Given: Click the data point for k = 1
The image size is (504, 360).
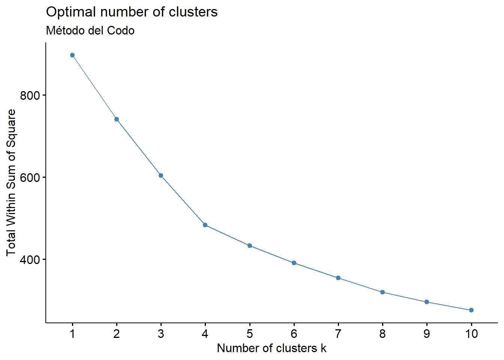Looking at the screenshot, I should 72,55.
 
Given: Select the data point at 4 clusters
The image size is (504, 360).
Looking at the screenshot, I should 205,225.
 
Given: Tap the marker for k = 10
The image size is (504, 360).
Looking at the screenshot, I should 471,310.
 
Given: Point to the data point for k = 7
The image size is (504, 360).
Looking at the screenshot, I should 338,278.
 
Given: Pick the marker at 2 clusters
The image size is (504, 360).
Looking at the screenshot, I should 117,119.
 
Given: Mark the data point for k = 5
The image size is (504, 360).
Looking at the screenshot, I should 250,246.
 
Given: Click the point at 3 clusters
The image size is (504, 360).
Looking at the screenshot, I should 161,175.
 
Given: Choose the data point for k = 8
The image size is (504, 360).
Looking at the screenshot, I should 382,292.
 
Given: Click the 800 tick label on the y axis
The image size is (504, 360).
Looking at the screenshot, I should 30,95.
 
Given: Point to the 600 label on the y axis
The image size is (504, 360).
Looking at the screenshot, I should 30,177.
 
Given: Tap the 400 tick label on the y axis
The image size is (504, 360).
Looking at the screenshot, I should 30,259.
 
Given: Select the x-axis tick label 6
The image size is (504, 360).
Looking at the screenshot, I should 294,334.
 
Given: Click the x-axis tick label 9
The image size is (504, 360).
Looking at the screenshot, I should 427,334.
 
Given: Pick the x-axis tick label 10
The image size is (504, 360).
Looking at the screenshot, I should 471,334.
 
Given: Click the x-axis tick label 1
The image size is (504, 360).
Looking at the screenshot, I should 72,334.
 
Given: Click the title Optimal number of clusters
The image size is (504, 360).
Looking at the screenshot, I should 132,12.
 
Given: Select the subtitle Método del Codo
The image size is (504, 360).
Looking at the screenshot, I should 90,30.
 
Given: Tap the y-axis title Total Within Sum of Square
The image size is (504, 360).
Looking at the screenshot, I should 11,183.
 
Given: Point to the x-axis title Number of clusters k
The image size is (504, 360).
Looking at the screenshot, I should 271,348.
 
